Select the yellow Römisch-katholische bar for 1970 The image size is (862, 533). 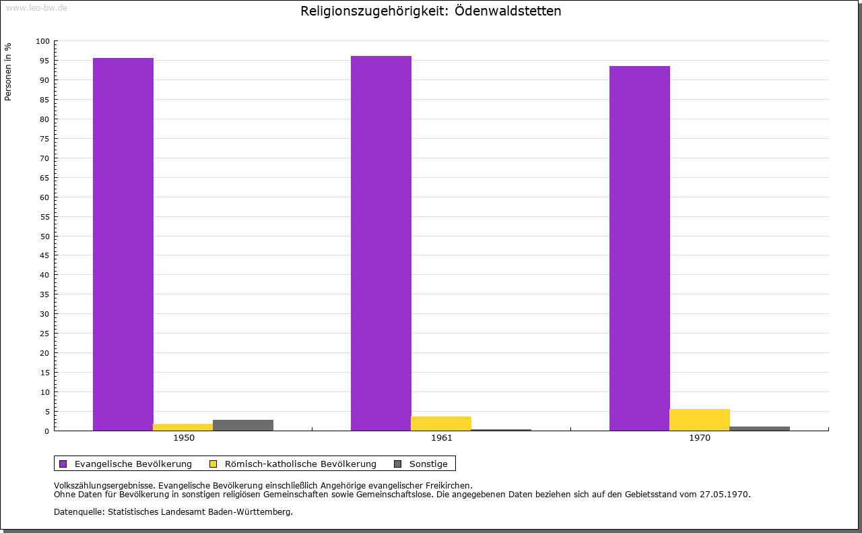[x=700, y=420]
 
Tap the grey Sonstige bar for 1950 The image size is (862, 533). [x=243, y=425]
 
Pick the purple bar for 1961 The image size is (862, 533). [x=381, y=243]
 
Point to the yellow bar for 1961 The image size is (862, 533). [x=441, y=423]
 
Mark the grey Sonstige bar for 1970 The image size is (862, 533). [x=760, y=429]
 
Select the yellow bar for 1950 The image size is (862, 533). [x=183, y=427]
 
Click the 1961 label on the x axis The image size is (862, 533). [x=442, y=438]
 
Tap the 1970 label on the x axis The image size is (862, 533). [x=700, y=438]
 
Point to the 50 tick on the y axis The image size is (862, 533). [x=44, y=237]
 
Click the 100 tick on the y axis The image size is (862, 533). [x=43, y=41]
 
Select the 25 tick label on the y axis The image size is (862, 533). [x=44, y=334]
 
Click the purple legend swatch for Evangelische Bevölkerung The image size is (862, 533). [x=63, y=464]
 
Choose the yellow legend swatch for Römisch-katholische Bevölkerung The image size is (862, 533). [x=213, y=464]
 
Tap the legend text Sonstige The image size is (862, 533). [x=428, y=464]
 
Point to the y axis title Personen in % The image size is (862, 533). [x=8, y=71]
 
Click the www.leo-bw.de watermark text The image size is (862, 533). [x=36, y=7]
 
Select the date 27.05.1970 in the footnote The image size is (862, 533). [x=726, y=494]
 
